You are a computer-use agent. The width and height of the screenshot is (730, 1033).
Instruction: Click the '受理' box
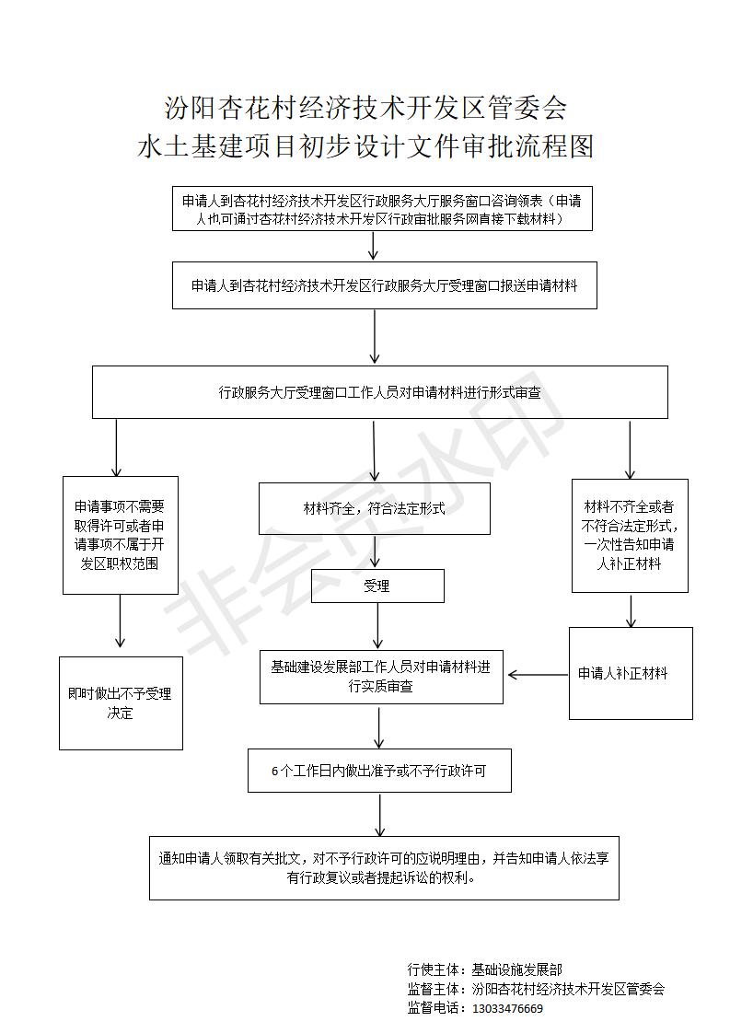pyautogui.click(x=377, y=586)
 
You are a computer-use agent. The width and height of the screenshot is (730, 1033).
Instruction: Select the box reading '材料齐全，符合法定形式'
pyautogui.click(x=375, y=508)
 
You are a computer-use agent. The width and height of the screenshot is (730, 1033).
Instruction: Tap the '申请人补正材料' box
pyautogui.click(x=631, y=673)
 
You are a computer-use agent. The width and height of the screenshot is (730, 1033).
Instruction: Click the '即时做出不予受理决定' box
pyautogui.click(x=121, y=703)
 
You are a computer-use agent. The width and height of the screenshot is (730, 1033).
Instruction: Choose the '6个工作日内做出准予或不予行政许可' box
pyautogui.click(x=379, y=770)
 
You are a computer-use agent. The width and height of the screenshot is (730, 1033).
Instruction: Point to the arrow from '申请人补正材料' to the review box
pyautogui.click(x=538, y=675)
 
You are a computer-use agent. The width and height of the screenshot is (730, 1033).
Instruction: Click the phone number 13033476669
pyautogui.click(x=508, y=1009)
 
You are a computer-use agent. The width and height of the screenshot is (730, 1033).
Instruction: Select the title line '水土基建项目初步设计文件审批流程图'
pyautogui.click(x=365, y=145)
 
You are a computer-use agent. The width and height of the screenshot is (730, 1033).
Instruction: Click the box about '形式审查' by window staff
pyautogui.click(x=380, y=392)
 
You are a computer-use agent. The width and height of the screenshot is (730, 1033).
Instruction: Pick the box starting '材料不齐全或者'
pyautogui.click(x=630, y=536)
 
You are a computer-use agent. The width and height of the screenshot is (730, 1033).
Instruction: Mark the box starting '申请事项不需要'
pyautogui.click(x=121, y=536)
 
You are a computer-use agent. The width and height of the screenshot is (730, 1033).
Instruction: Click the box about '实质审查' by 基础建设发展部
pyautogui.click(x=381, y=677)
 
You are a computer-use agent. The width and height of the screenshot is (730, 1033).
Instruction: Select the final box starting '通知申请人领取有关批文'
pyautogui.click(x=384, y=867)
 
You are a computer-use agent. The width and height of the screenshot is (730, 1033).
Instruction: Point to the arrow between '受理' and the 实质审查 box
pyautogui.click(x=377, y=626)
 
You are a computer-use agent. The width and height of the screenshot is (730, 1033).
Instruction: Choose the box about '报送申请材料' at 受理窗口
pyautogui.click(x=385, y=285)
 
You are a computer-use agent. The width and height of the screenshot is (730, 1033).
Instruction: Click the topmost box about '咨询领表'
pyautogui.click(x=383, y=210)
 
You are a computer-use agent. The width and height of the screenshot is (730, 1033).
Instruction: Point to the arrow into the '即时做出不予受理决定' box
pyautogui.click(x=120, y=621)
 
